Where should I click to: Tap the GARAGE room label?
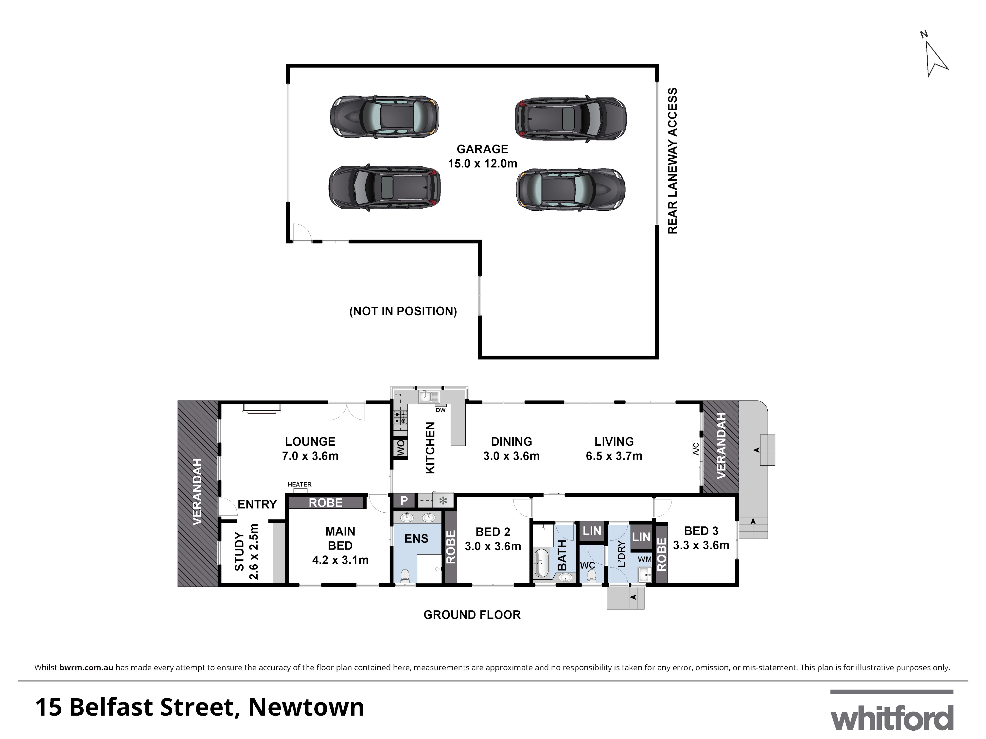(x=482, y=149)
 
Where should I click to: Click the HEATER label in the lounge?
(x=299, y=484)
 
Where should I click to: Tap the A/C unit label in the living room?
(x=695, y=448)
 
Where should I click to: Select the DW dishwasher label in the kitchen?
(x=440, y=410)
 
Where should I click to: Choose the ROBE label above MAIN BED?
(x=326, y=503)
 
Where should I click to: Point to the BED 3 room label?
(x=701, y=531)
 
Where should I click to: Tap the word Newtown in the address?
(x=306, y=707)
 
